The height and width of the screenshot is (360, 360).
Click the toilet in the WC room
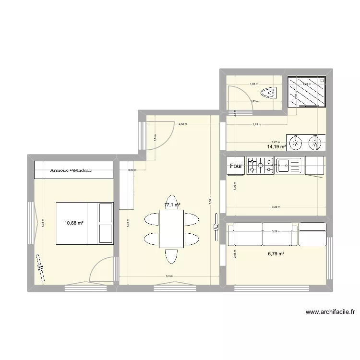pyautogui.click(x=267, y=92)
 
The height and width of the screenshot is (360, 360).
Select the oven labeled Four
pyautogui.click(x=236, y=167)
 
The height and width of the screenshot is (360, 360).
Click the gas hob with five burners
pyautogui.click(x=260, y=166)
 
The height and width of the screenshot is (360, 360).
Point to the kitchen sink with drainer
pyautogui.click(x=288, y=166)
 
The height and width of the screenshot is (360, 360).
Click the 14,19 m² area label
pyautogui.click(x=278, y=147)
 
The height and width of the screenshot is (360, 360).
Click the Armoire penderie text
pyautogui.click(x=71, y=170)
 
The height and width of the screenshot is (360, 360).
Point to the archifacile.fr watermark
pyautogui.click(x=330, y=312)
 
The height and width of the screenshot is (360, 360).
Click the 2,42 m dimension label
pyautogui.click(x=182, y=124)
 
